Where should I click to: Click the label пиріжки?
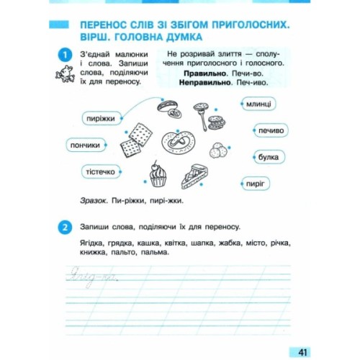click(100, 119)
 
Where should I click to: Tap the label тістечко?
click(99, 172)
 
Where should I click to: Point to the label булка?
click(268, 156)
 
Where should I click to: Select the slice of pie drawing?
click(196, 174)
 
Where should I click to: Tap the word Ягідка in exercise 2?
click(94, 243)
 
